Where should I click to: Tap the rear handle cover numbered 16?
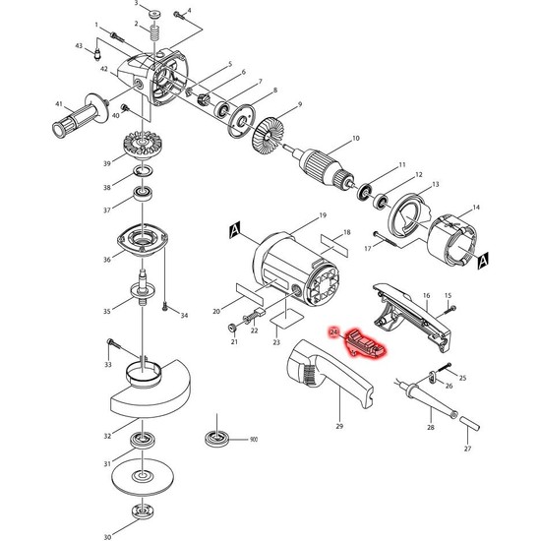413,309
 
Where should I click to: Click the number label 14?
475,208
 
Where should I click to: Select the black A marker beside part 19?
236,230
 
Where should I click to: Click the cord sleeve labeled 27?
469,426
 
